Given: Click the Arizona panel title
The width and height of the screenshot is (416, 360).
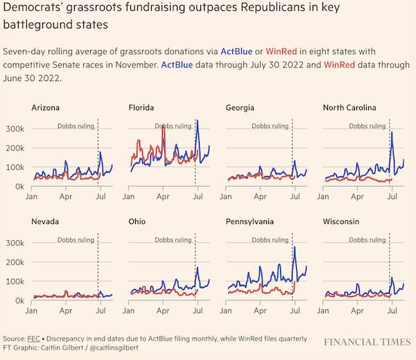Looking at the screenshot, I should click(46, 108).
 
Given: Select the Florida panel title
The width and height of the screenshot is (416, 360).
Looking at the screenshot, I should click(141, 108).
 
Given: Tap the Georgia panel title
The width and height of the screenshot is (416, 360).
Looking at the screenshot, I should click(240, 108).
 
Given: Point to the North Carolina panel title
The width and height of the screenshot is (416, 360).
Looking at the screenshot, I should click(349, 108).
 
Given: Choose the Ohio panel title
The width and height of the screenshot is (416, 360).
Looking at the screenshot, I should click(137, 222).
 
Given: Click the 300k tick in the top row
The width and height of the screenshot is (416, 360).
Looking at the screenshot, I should click(15, 129).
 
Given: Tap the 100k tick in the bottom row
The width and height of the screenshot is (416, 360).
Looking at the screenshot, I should click(15, 282).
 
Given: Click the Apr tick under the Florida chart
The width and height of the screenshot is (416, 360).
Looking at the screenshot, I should click(163, 197).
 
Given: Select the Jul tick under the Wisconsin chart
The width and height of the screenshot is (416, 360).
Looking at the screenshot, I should click(392, 311).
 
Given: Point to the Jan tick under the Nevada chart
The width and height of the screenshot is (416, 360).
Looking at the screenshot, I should click(32, 311).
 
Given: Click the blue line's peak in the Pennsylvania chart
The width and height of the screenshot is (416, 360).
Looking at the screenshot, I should click(295, 247).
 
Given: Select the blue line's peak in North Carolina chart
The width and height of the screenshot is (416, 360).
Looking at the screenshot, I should click(392, 132).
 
